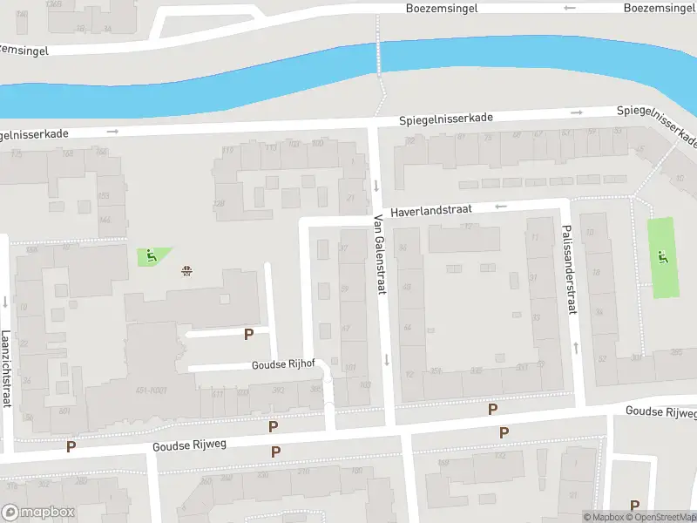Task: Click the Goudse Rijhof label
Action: click(x=283, y=364)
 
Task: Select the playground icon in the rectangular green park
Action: click(x=664, y=256)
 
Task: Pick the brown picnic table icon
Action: click(x=186, y=270)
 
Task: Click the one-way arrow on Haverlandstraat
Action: click(x=500, y=207)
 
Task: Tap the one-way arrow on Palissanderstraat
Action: click(x=576, y=347)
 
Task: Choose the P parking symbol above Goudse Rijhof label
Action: click(x=249, y=334)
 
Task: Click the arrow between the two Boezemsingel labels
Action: click(x=570, y=8)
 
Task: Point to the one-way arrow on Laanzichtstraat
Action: click(x=5, y=303)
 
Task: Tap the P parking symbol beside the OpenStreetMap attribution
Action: click(x=634, y=505)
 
